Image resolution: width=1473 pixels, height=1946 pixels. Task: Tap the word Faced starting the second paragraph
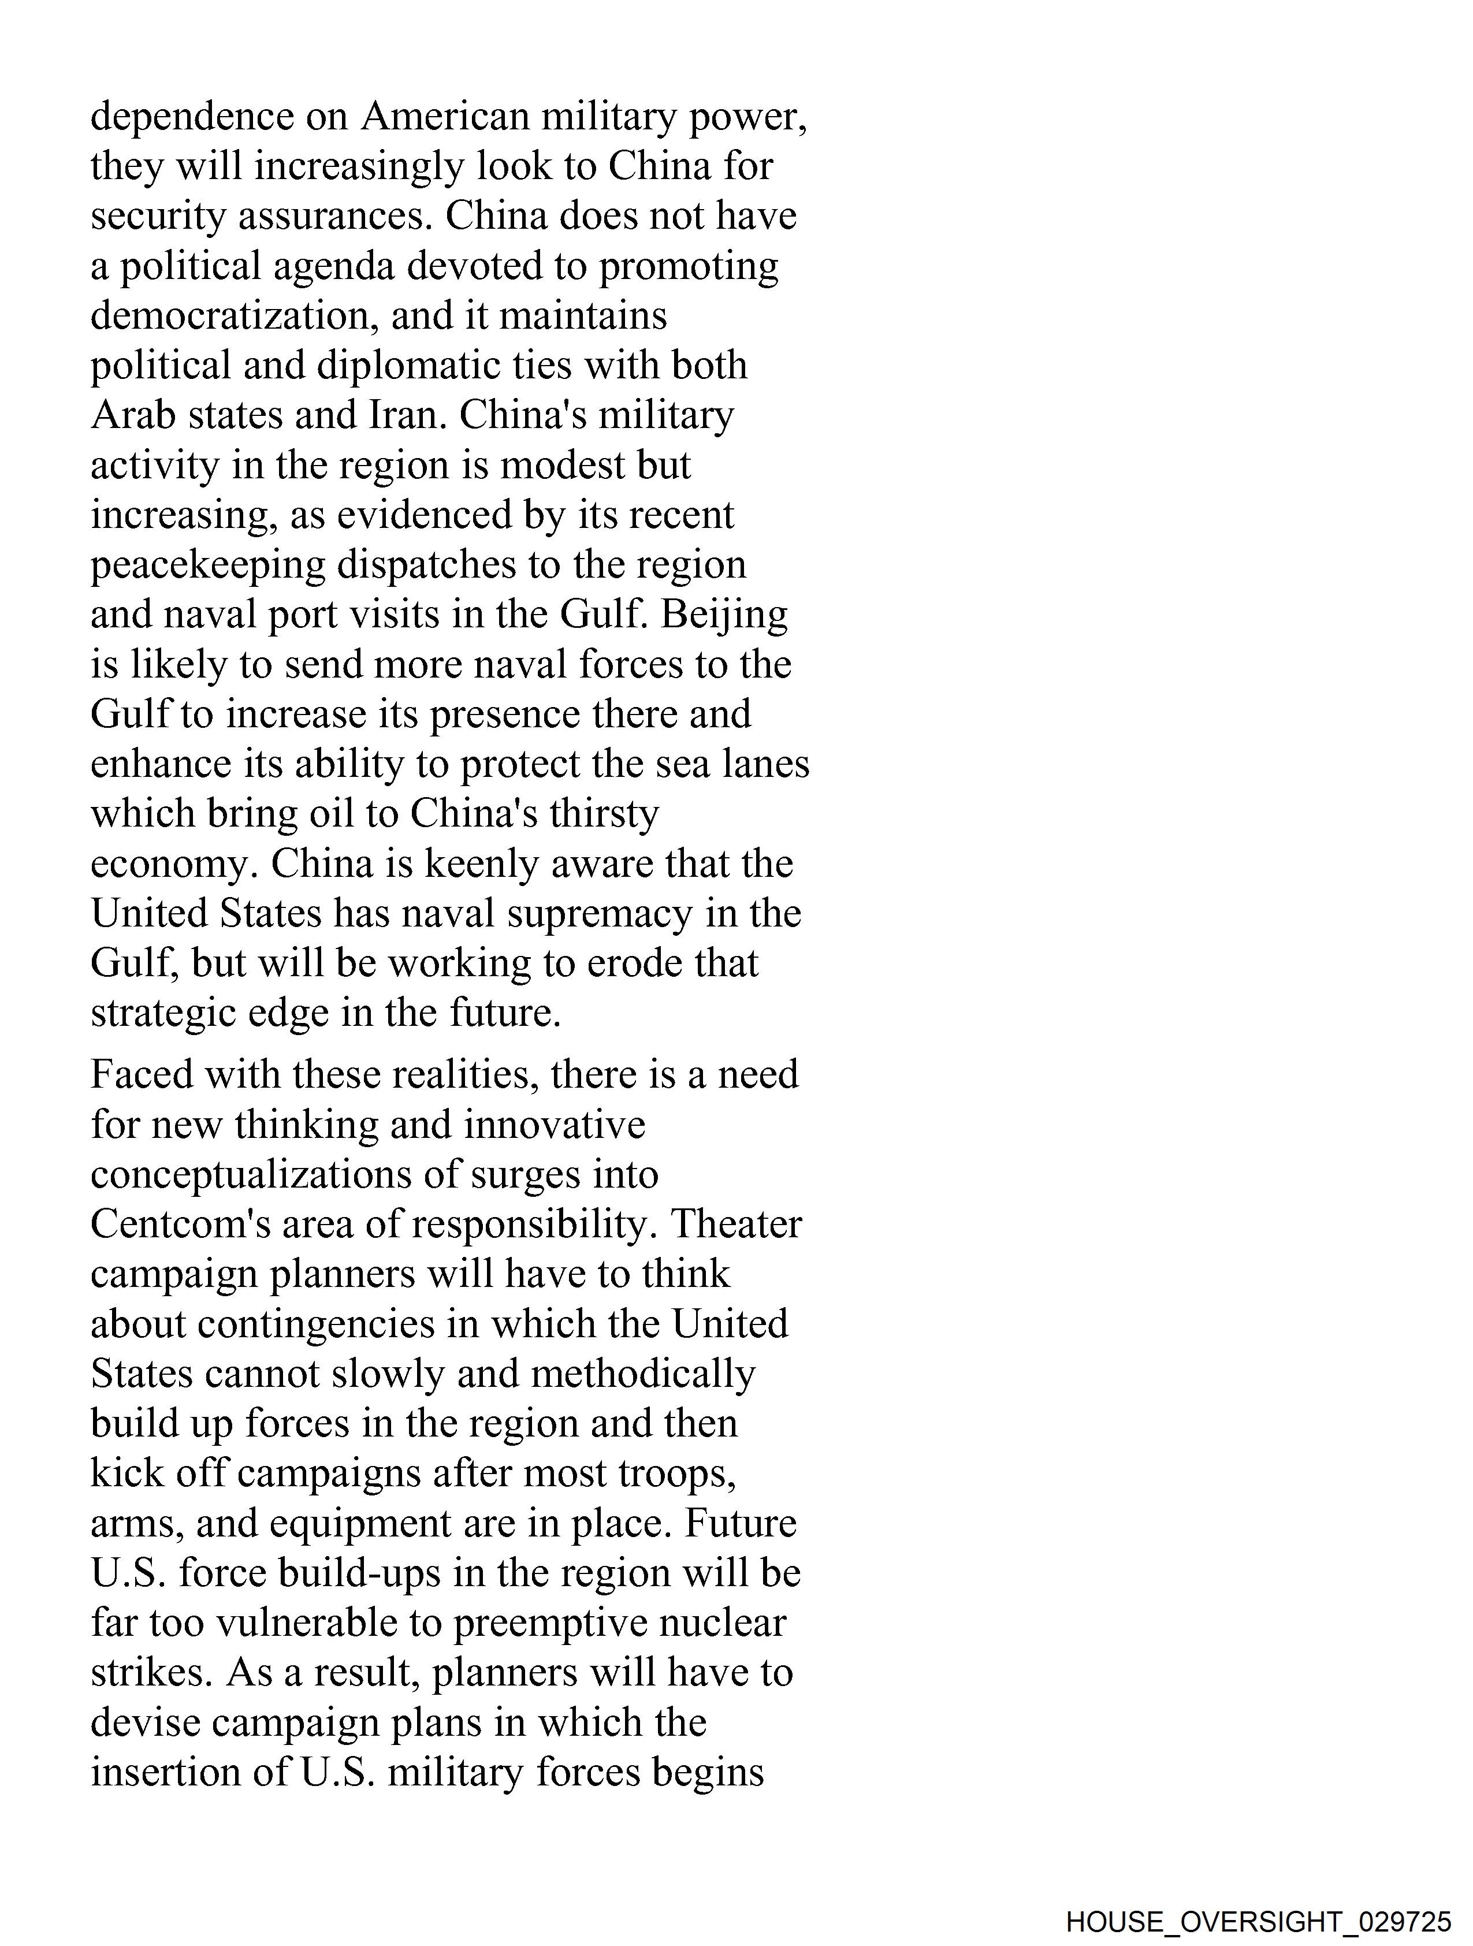pos(141,1075)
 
